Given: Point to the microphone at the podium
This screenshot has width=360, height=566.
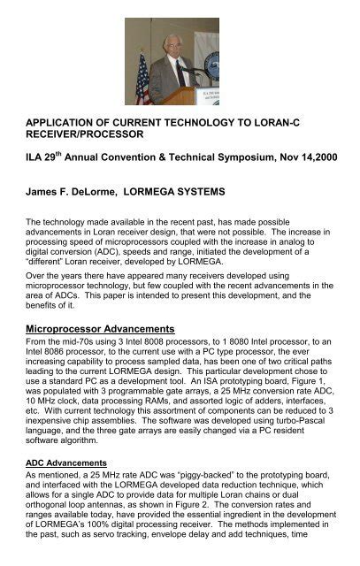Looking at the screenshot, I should (x=182, y=65).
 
